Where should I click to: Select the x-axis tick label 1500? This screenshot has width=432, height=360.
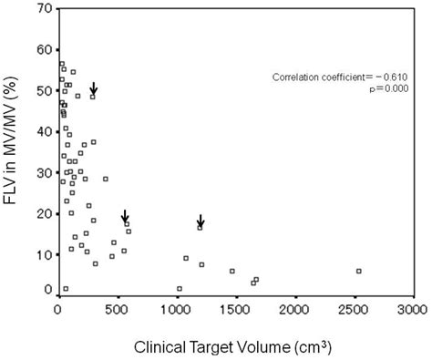click(234, 310)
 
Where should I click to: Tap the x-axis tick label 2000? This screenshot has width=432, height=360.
click(293, 310)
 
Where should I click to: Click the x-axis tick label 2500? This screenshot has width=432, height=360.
click(353, 310)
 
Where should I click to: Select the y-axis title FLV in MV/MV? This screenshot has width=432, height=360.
click(13, 150)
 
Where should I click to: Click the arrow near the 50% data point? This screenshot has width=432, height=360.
click(93, 88)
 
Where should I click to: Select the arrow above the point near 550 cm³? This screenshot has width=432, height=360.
click(126, 216)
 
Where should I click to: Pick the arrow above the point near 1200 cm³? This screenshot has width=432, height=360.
click(201, 221)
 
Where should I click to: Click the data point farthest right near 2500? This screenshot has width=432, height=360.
click(359, 271)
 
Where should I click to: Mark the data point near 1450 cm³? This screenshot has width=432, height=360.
click(231, 271)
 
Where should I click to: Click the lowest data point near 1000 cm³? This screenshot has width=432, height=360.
click(180, 288)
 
